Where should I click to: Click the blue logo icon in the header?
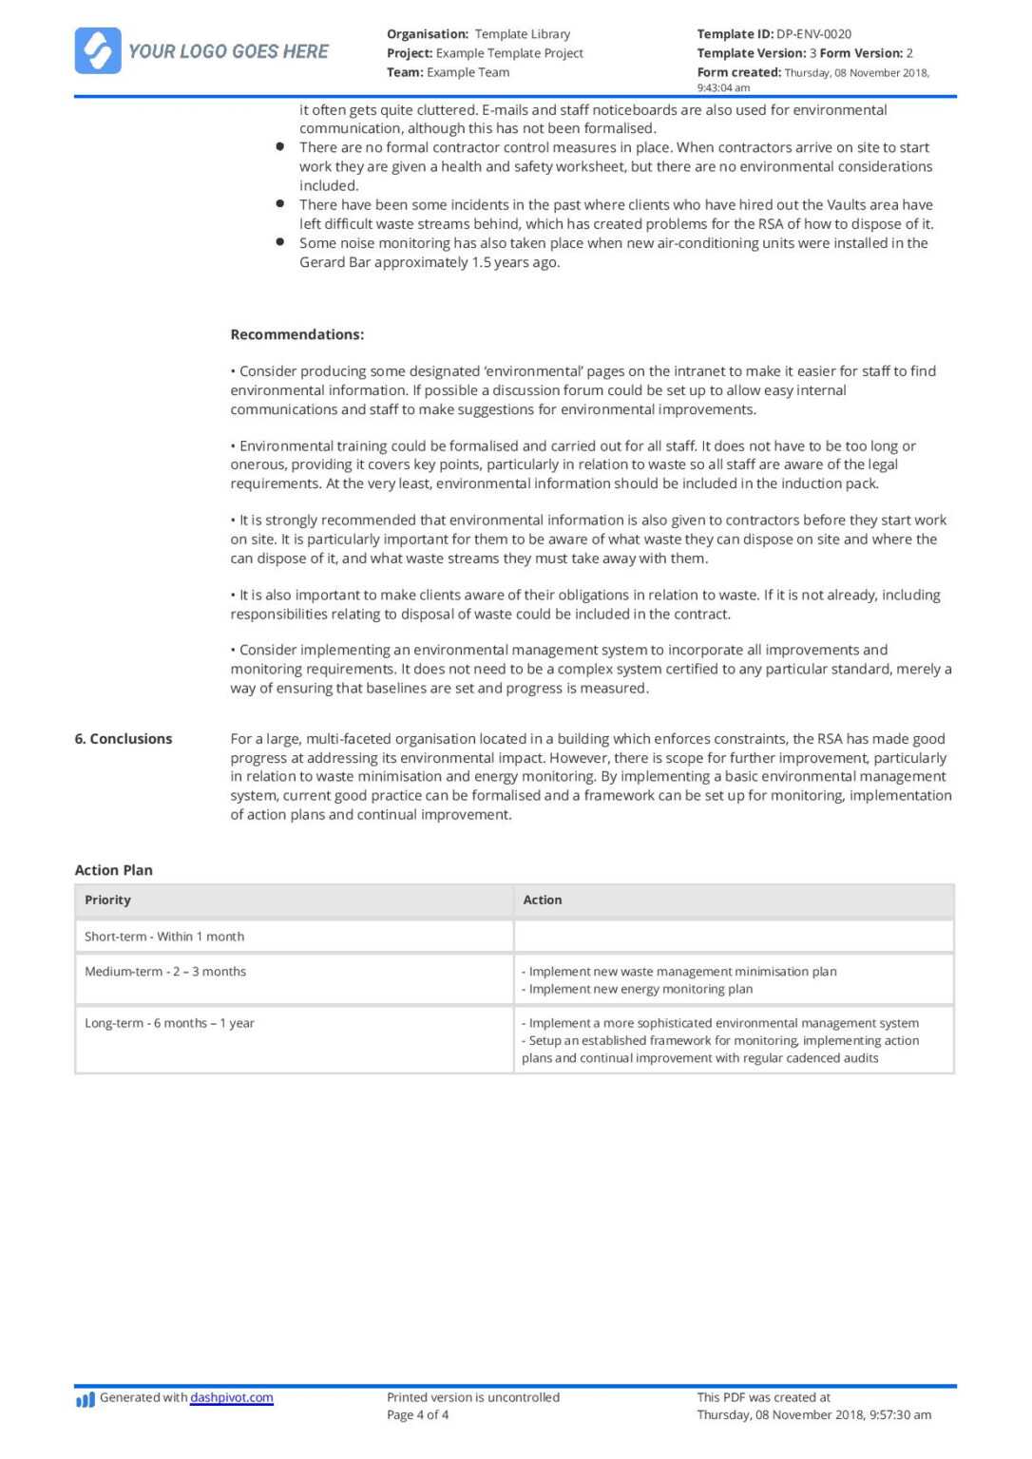98,50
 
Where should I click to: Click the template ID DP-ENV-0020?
813,34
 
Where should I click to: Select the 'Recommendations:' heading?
296,334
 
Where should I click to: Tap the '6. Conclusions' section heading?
124,739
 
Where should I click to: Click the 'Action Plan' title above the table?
113,870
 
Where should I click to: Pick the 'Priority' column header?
107,900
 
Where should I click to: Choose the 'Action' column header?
543,900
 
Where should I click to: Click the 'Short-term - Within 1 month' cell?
164,937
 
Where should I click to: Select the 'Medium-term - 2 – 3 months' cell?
165,972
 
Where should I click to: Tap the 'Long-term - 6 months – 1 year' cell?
169,1023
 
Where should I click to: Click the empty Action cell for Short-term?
734,937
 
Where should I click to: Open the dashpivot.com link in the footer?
232,1397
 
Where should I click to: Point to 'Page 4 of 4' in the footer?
418,1415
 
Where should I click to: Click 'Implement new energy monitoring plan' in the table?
640,989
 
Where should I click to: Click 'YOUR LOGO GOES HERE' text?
228,51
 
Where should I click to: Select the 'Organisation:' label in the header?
428,34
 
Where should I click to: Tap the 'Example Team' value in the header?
468,72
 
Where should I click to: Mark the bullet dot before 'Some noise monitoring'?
280,242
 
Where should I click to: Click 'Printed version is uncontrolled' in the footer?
473,1397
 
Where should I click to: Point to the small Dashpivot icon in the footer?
86,1399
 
